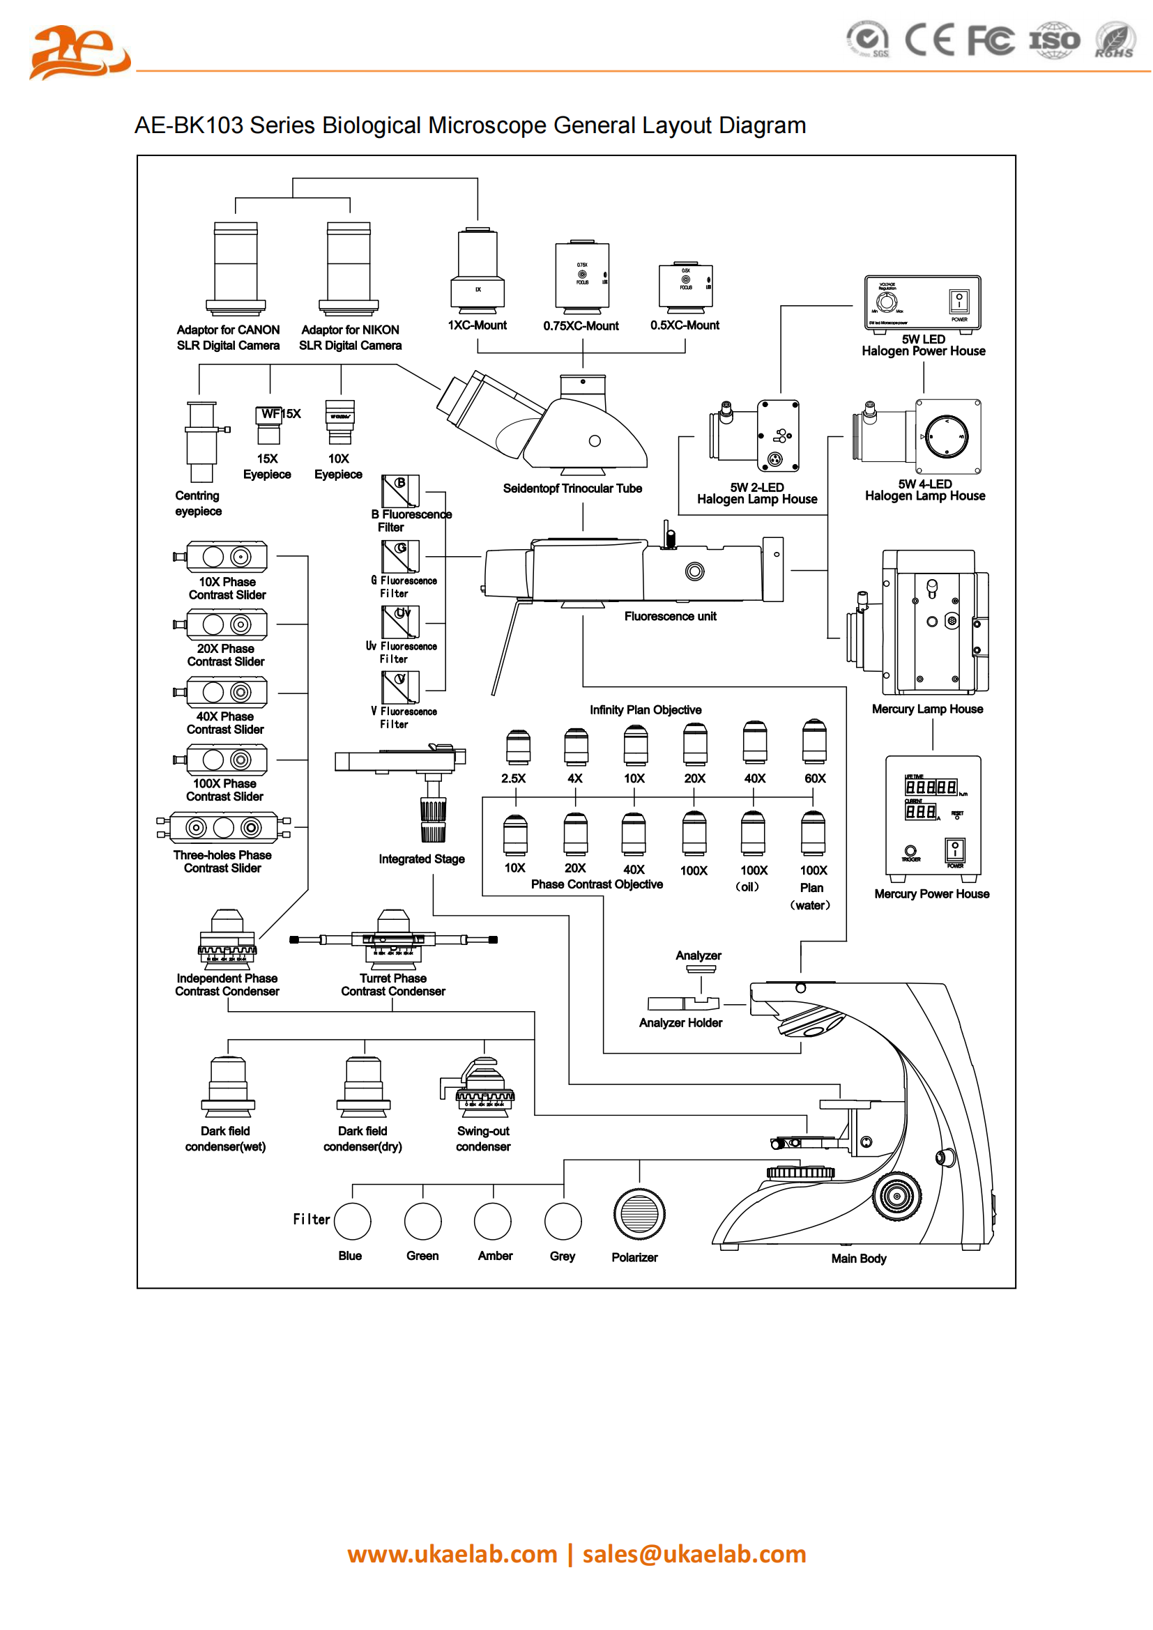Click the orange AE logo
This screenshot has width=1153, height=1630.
(x=78, y=52)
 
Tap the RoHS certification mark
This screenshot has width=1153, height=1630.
(x=1114, y=40)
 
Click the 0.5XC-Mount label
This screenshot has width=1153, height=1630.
(x=685, y=325)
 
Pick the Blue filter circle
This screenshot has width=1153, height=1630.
(x=352, y=1221)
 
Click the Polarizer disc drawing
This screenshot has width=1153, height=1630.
(x=639, y=1214)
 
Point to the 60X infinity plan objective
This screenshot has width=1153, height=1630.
(x=814, y=743)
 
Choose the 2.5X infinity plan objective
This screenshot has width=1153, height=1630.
(x=517, y=747)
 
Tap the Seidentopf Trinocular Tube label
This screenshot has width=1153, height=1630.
(x=572, y=489)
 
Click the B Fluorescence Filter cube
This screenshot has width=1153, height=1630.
(x=400, y=491)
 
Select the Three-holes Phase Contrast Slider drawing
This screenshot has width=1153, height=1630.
(x=224, y=827)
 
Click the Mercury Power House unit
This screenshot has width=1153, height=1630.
(x=933, y=819)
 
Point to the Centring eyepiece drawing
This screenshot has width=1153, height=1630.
(x=202, y=441)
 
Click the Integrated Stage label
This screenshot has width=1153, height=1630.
(x=421, y=859)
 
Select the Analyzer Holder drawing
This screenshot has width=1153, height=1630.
(x=683, y=1003)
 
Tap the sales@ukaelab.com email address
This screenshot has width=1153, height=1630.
(x=694, y=1554)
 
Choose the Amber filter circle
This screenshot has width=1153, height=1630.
(x=493, y=1221)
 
